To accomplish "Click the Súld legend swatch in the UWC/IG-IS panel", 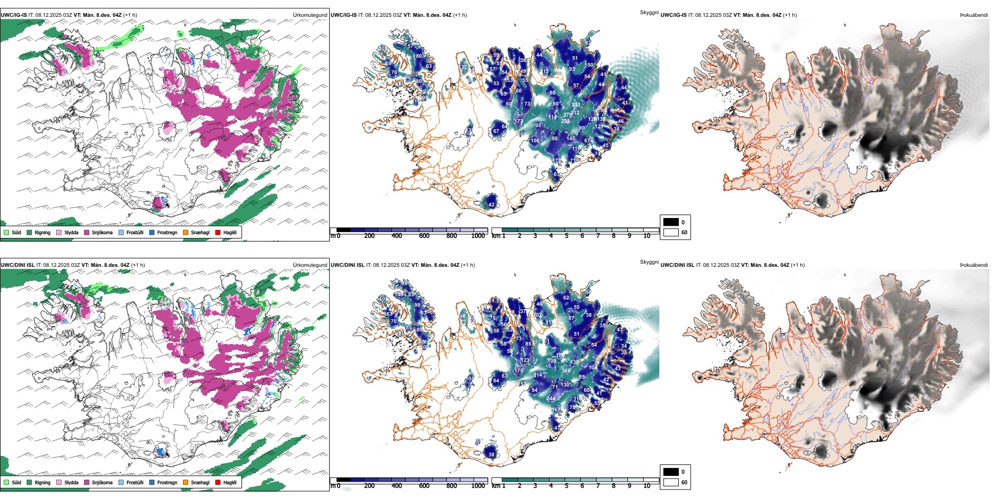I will point(6,232).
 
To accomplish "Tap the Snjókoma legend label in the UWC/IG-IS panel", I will point(102,232).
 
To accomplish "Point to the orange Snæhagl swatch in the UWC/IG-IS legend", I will point(186,232).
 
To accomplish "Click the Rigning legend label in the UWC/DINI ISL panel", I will point(43,482).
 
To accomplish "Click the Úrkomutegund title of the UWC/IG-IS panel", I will point(310,15).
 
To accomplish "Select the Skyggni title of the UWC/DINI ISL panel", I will point(649,262).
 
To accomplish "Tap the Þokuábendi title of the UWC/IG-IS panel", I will point(974,15).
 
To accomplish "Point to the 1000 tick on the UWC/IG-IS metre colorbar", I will point(478,236).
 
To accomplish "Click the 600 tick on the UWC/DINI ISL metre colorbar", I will point(424,486).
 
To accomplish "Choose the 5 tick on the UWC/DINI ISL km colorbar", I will point(567,486).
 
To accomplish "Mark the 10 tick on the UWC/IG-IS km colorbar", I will point(647,236).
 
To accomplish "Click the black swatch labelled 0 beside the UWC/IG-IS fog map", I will point(671,222).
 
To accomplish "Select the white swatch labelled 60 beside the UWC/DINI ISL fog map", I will point(671,482).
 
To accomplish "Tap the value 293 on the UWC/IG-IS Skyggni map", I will point(565,121).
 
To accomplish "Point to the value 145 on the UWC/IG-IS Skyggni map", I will point(570,139).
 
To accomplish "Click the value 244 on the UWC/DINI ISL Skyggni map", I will point(551,399).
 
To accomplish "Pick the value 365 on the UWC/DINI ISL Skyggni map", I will point(566,370).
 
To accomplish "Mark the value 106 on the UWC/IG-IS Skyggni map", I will point(535,141).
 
